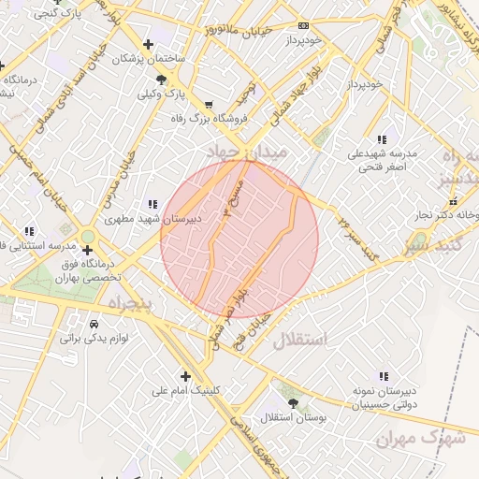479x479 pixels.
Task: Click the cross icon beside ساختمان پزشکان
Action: (x=148, y=44)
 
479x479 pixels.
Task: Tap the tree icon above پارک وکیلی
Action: (x=163, y=80)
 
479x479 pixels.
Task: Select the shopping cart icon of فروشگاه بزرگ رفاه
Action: (x=208, y=105)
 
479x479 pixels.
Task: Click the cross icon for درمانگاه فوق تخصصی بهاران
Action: (x=87, y=250)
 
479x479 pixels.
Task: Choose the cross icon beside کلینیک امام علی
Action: (x=186, y=376)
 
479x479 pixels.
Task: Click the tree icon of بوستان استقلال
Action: (x=295, y=403)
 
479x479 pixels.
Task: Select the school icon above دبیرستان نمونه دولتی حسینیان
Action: (x=382, y=375)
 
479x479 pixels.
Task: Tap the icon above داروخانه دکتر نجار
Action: (x=453, y=200)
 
